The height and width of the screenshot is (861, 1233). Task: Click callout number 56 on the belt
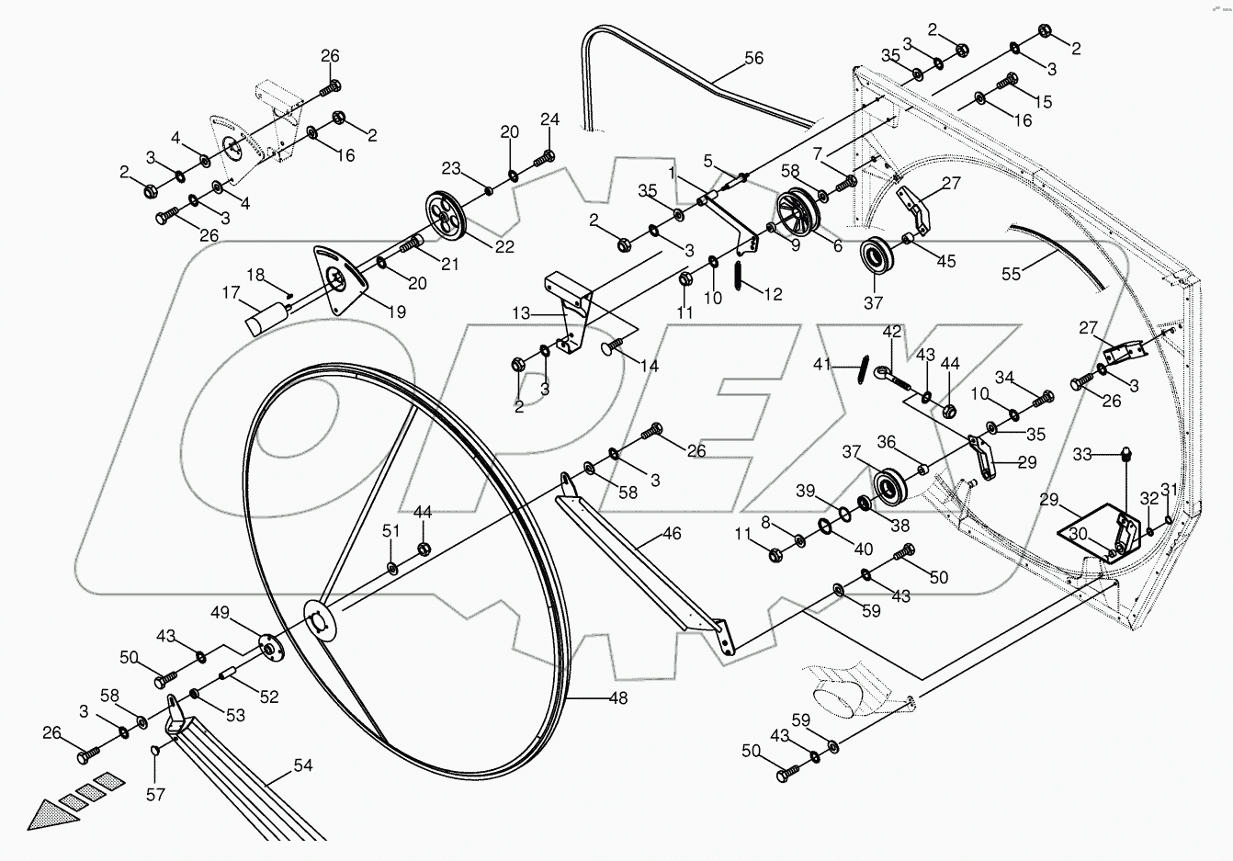click(x=753, y=57)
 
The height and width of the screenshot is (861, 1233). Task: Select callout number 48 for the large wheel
click(x=617, y=697)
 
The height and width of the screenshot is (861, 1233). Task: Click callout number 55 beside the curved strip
click(x=1011, y=273)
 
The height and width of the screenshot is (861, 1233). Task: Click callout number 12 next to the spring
click(x=773, y=293)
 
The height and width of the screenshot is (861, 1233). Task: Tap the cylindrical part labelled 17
click(x=264, y=318)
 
